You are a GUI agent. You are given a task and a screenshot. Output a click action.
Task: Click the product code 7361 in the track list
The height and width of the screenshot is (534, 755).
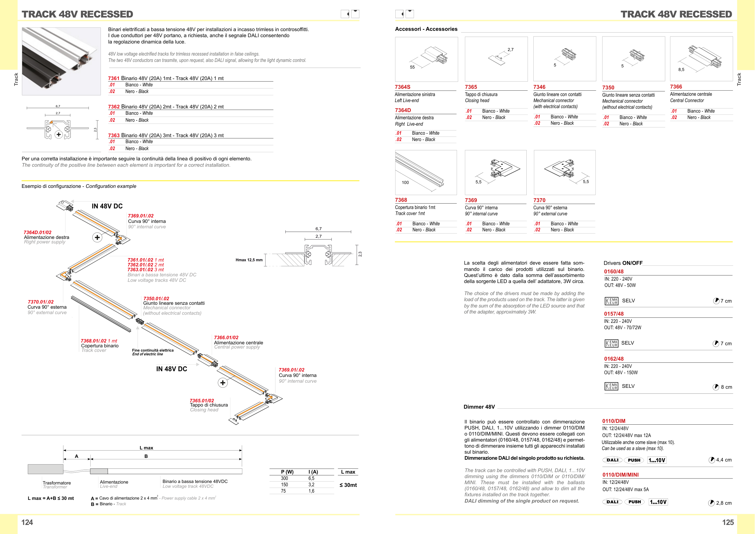(x=114, y=78)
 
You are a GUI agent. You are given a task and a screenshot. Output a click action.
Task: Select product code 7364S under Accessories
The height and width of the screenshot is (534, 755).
(x=403, y=87)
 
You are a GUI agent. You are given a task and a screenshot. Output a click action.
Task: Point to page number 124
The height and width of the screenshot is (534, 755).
(x=27, y=523)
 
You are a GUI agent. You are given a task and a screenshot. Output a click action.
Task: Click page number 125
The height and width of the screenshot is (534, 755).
(x=728, y=523)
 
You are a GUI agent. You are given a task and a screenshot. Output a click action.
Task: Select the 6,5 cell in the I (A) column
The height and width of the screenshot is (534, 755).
(x=311, y=478)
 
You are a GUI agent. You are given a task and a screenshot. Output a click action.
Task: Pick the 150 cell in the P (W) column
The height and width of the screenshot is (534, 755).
(x=284, y=485)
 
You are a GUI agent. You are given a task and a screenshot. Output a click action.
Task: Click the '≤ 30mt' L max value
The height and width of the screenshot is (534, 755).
(x=348, y=485)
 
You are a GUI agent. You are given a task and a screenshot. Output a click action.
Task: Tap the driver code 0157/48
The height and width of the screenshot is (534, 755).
(x=614, y=314)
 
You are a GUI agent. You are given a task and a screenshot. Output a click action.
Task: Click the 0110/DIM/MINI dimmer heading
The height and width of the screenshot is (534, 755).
(x=620, y=475)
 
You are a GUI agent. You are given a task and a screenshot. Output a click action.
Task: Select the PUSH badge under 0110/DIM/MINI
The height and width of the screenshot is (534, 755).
(x=635, y=502)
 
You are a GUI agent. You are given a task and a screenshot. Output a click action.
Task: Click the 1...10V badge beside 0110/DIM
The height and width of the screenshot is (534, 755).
(x=657, y=460)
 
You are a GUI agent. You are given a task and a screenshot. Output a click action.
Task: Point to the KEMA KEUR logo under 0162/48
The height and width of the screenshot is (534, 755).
(x=611, y=386)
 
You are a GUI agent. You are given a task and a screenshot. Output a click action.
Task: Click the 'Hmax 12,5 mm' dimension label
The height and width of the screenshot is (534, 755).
(x=249, y=260)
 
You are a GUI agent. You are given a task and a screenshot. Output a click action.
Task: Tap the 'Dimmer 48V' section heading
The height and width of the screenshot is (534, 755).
(x=479, y=407)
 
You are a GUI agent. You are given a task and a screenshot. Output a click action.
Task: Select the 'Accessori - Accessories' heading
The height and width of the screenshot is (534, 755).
(x=426, y=29)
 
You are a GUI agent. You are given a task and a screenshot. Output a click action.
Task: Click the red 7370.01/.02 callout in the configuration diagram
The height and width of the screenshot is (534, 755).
(x=41, y=302)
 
